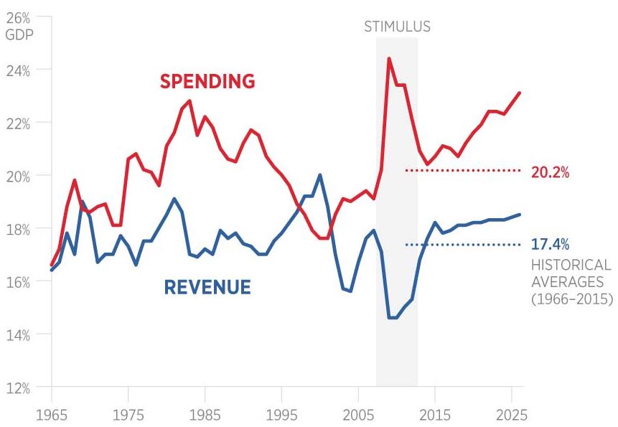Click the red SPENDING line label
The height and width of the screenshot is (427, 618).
[207, 82]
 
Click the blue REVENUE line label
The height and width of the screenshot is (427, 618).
[207, 288]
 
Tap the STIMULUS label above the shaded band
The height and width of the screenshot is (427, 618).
[397, 27]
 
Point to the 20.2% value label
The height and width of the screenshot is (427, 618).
[551, 172]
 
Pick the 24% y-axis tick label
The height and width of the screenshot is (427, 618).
[17, 70]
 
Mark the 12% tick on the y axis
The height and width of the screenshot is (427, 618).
[17, 388]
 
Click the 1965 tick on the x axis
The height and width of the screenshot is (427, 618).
[51, 415]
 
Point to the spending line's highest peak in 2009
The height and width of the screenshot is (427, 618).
[388, 59]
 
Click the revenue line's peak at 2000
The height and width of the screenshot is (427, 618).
[319, 175]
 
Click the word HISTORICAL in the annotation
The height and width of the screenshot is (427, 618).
[571, 265]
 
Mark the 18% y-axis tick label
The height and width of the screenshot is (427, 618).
[17, 229]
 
